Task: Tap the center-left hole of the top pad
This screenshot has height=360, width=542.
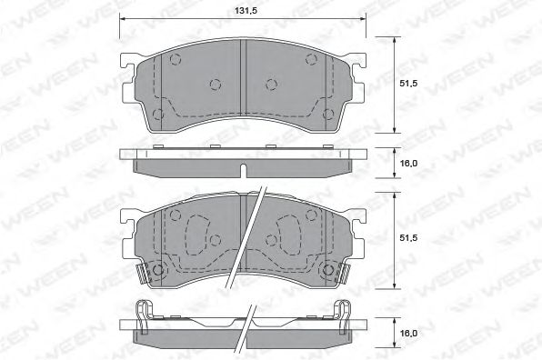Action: tap(216, 85)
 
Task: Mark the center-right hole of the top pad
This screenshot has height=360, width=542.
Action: tap(271, 85)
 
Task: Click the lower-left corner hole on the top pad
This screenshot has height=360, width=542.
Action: tap(159, 115)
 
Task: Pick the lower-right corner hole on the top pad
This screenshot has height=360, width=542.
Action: tap(328, 115)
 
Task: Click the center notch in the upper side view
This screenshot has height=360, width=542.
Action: tap(244, 171)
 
